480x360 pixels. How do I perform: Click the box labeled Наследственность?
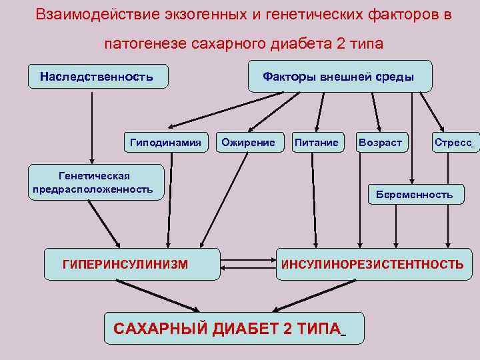(97, 77)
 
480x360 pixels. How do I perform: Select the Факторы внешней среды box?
(339, 77)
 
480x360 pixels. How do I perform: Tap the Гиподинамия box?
(165, 142)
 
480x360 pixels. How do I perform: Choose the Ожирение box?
(248, 142)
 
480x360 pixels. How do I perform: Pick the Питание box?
(316, 142)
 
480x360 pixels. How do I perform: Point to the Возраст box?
(380, 142)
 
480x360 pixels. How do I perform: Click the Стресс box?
(455, 142)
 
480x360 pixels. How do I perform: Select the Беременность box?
(414, 195)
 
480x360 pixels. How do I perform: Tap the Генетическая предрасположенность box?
(94, 183)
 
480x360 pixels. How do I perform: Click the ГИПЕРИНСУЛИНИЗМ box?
(125, 265)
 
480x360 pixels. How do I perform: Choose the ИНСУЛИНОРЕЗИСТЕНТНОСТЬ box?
(373, 265)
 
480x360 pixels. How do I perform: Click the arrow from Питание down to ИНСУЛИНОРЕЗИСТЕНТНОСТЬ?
(312, 200)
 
